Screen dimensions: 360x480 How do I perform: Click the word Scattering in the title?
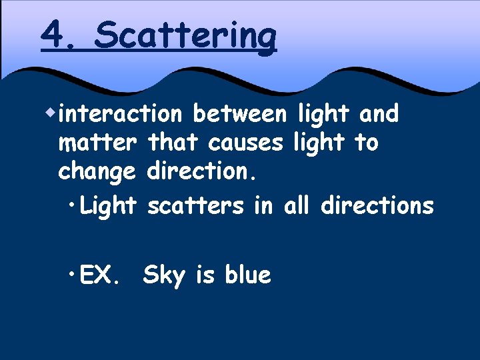pyautogui.click(x=185, y=35)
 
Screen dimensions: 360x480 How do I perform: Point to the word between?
pyautogui.click(x=238, y=114)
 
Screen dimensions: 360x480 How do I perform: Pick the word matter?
pyautogui.click(x=98, y=143)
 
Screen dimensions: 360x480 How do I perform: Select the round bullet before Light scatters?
pyautogui.click(x=72, y=205)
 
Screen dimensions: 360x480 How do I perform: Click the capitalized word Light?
pyautogui.click(x=109, y=206)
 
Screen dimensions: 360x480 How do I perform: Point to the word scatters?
pyautogui.click(x=195, y=206)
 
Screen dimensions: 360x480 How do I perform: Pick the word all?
pyautogui.click(x=297, y=206)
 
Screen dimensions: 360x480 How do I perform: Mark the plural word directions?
pyautogui.click(x=377, y=206)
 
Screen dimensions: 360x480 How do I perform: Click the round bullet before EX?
pyautogui.click(x=72, y=274)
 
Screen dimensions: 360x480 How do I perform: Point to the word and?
pyautogui.click(x=379, y=114)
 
